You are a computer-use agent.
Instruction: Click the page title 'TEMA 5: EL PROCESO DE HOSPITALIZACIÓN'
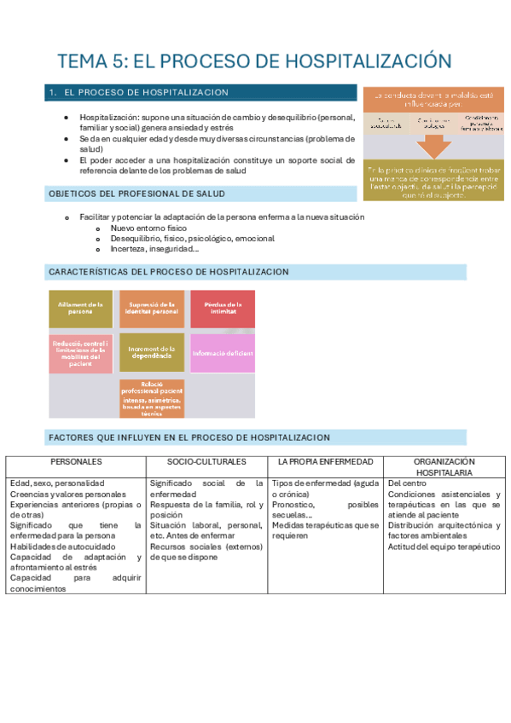(x=253, y=61)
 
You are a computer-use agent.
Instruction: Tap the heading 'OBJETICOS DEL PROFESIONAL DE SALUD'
(x=136, y=194)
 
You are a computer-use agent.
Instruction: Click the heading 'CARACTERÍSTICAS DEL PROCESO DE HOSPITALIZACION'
(x=169, y=272)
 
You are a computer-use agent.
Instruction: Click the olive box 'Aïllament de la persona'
(x=81, y=309)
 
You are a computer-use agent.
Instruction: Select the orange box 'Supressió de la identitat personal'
(x=152, y=309)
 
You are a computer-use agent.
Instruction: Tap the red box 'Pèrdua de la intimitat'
(x=223, y=309)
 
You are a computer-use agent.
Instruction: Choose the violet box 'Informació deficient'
(x=223, y=353)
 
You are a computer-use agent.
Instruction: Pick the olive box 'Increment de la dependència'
(x=152, y=353)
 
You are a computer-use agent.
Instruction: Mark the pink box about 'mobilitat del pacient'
(x=81, y=353)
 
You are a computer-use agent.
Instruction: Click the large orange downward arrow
(x=435, y=146)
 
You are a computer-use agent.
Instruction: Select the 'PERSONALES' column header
(x=76, y=461)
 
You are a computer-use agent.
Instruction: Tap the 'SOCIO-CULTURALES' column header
(x=206, y=461)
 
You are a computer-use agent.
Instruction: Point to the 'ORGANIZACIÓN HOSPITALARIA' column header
(x=444, y=466)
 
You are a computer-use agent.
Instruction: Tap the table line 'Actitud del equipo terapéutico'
(x=444, y=547)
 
